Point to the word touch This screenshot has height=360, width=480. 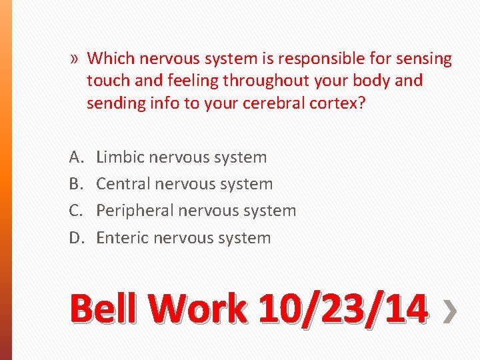click(107, 81)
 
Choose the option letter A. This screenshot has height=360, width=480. click(75, 157)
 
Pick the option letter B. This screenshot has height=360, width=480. click(75, 184)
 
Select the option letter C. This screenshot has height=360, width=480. click(75, 211)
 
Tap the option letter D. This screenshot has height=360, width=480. click(75, 238)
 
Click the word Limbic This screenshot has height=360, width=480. click(120, 157)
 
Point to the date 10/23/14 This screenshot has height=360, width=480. click(341, 311)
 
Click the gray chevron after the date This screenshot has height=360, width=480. click(451, 312)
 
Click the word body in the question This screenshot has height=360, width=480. click(371, 81)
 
